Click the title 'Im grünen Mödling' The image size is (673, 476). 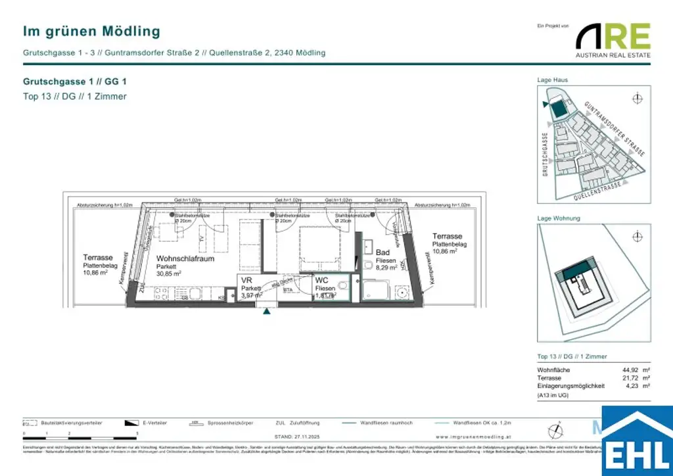point(91,31)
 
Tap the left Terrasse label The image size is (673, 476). point(98,258)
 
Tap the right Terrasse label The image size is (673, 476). point(447,236)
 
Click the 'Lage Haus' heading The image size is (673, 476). point(552,80)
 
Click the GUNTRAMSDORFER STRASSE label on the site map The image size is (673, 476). point(614,128)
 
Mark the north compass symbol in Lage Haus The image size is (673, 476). point(636,99)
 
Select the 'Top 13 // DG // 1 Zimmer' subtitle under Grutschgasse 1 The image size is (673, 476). point(74,97)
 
